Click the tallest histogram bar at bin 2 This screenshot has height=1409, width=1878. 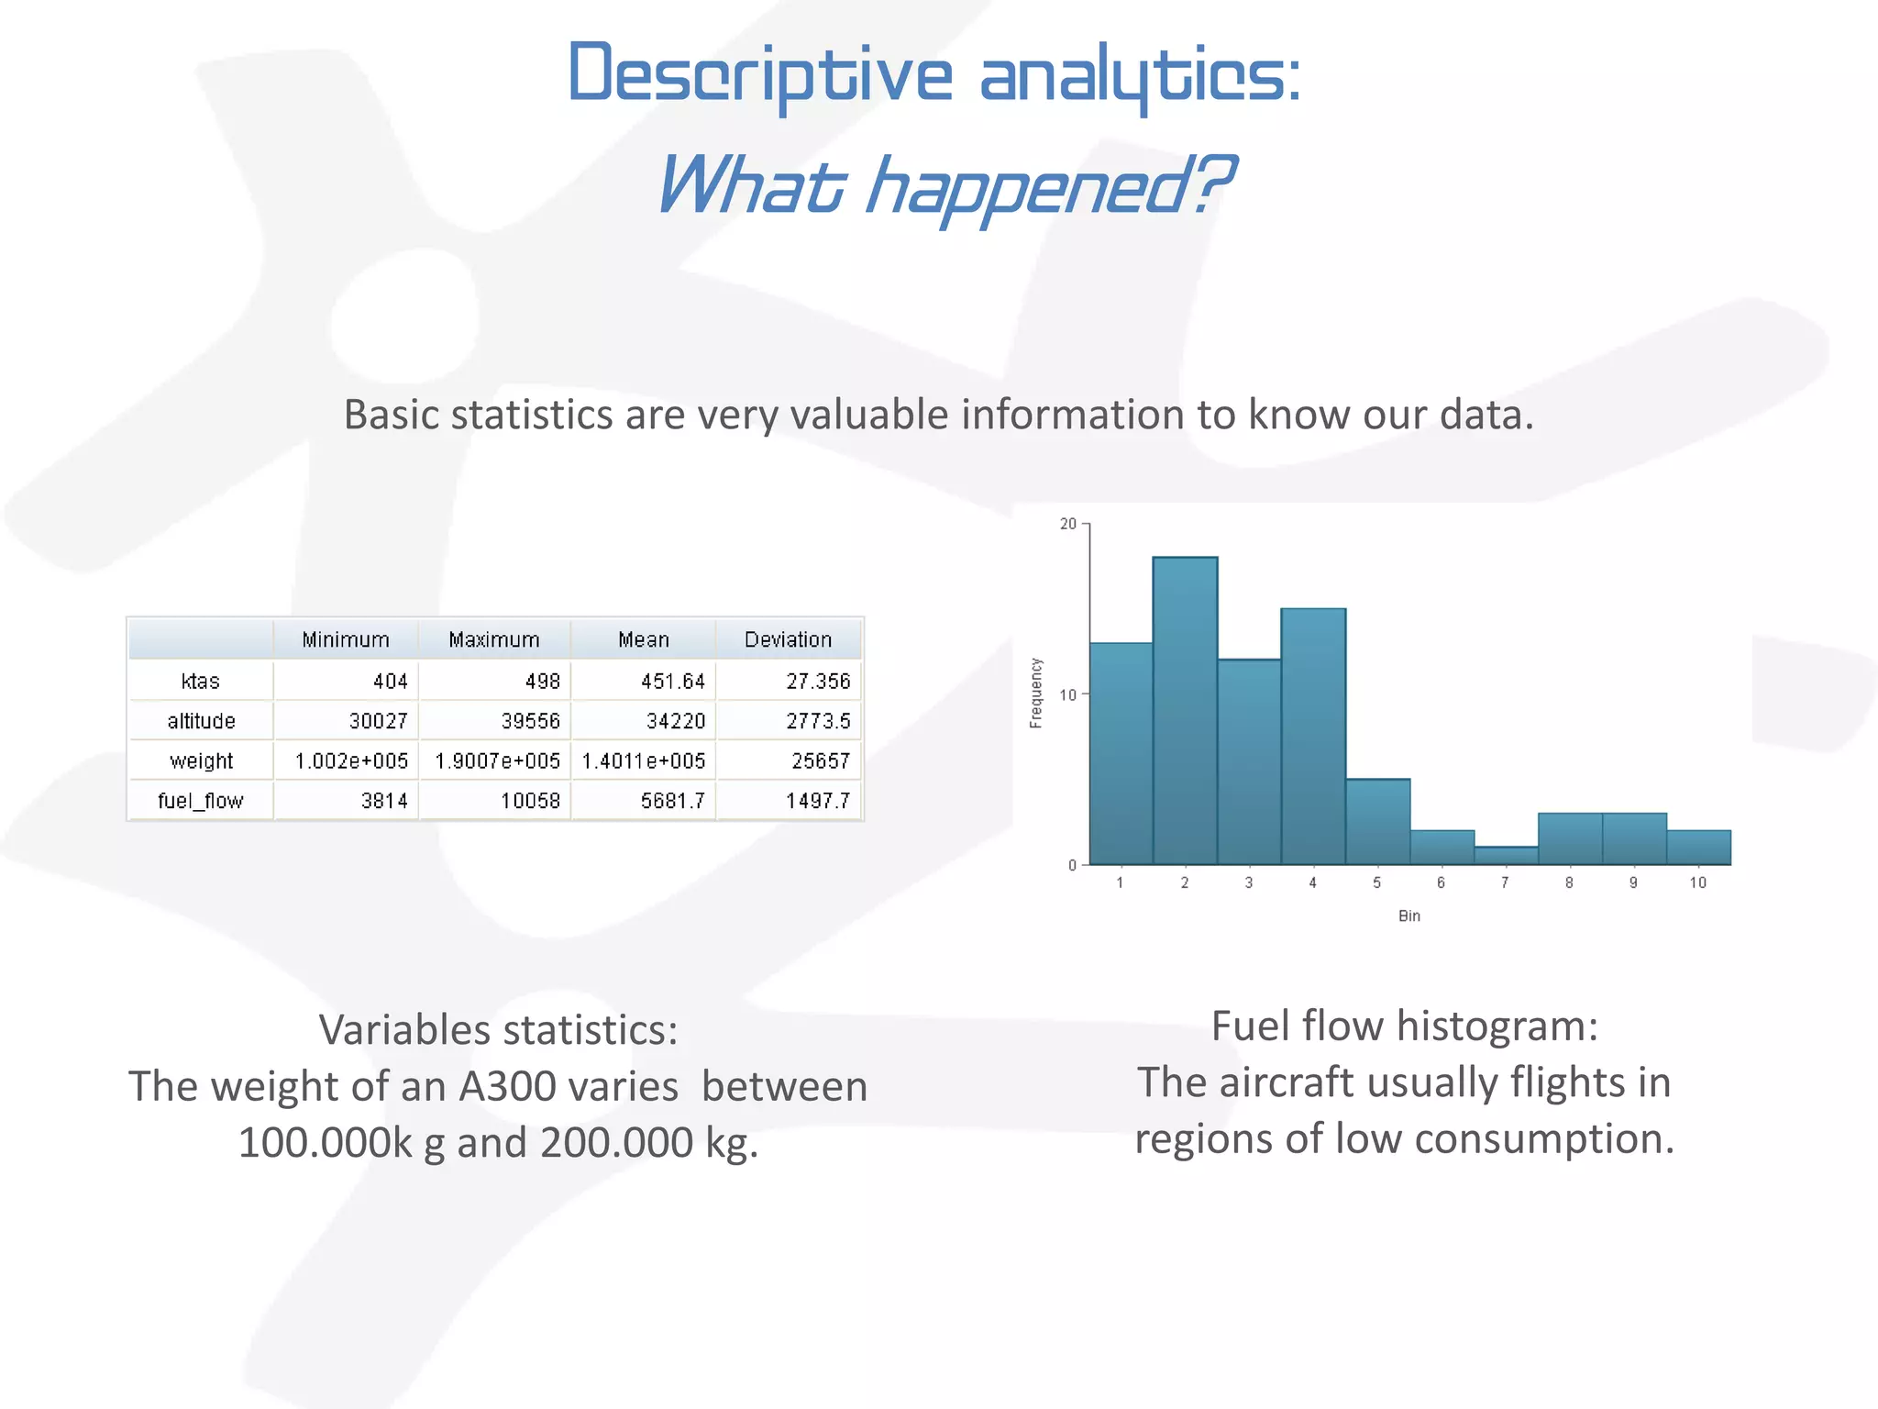1185,711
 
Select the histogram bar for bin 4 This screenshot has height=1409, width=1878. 1313,737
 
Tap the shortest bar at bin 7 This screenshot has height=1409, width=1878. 1506,855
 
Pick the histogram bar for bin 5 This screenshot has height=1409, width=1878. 1377,822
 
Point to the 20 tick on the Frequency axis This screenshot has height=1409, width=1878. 1068,524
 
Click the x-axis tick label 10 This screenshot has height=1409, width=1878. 1697,882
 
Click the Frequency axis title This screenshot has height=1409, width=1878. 1036,693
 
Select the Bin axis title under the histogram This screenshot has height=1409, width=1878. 1408,915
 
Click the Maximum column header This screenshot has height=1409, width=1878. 494,639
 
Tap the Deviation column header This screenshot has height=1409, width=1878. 788,639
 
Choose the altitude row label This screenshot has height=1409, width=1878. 201,721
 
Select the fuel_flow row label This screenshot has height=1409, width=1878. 200,801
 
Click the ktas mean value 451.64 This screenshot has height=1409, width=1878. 673,682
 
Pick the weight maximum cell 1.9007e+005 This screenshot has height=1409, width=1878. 497,761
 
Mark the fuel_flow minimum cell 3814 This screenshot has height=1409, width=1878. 384,801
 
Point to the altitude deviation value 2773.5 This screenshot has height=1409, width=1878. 818,721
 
